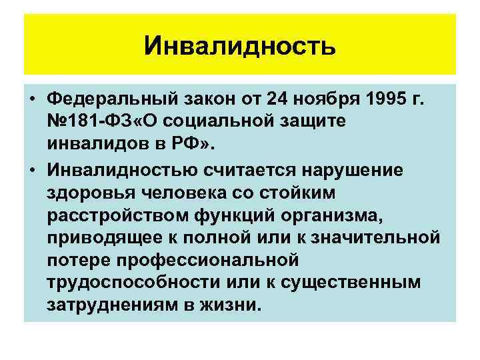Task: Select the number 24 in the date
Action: click(279, 101)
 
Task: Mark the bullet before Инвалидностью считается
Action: click(32, 169)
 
